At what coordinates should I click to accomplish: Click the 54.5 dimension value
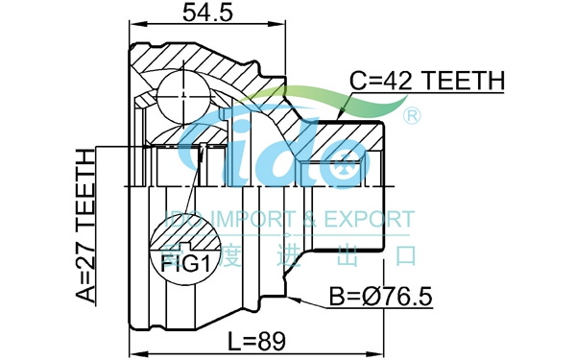tap(207, 12)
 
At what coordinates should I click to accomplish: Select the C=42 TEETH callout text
tap(427, 81)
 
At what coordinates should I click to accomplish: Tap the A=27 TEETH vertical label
tap(85, 226)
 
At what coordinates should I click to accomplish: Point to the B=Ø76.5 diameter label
tap(380, 296)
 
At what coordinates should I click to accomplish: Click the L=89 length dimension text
tap(256, 341)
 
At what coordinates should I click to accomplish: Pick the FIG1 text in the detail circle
tap(186, 264)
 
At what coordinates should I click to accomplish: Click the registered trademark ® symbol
tap(412, 116)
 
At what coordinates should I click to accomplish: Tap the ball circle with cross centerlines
tap(183, 97)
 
